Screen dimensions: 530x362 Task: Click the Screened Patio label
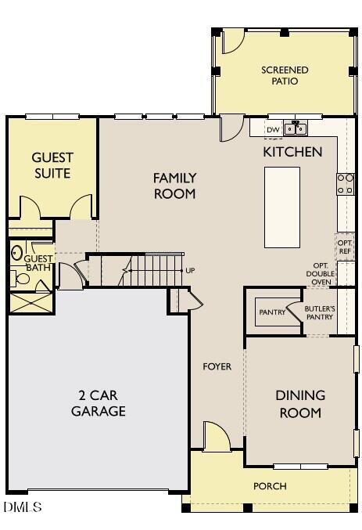pyautogui.click(x=285, y=75)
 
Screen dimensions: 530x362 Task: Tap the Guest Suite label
pyautogui.click(x=52, y=165)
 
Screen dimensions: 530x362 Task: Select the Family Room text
pyautogui.click(x=174, y=186)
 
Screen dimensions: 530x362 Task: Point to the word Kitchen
pyautogui.click(x=292, y=152)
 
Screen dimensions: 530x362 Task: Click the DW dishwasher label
pyautogui.click(x=273, y=130)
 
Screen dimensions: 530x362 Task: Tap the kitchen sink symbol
pyautogui.click(x=297, y=127)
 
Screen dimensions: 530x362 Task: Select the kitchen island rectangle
pyautogui.click(x=282, y=207)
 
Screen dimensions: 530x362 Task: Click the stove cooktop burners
pyautogui.click(x=345, y=183)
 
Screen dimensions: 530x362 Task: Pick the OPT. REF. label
pyautogui.click(x=345, y=247)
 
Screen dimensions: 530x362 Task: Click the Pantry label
pyautogui.click(x=271, y=312)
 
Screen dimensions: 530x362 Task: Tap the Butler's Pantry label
pyautogui.click(x=320, y=312)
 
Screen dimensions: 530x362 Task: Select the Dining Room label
pyautogui.click(x=300, y=404)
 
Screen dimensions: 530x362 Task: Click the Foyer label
pyautogui.click(x=217, y=366)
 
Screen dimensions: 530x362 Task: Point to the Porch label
pyautogui.click(x=270, y=486)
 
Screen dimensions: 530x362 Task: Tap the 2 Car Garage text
pyautogui.click(x=99, y=403)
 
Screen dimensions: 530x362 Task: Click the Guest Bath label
pyautogui.click(x=38, y=263)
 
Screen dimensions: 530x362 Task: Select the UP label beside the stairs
pyautogui.click(x=190, y=270)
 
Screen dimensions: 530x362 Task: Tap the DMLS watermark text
pyautogui.click(x=22, y=507)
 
